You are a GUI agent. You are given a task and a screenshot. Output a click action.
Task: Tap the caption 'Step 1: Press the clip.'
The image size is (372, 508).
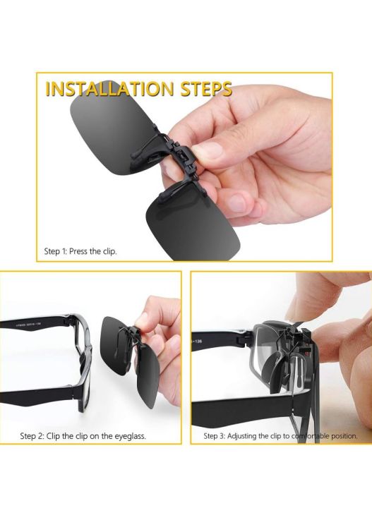point(80,251)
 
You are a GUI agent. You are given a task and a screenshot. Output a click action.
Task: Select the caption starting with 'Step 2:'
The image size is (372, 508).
point(83,437)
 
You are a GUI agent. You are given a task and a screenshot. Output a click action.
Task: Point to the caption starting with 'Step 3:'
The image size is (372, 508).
point(280,437)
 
